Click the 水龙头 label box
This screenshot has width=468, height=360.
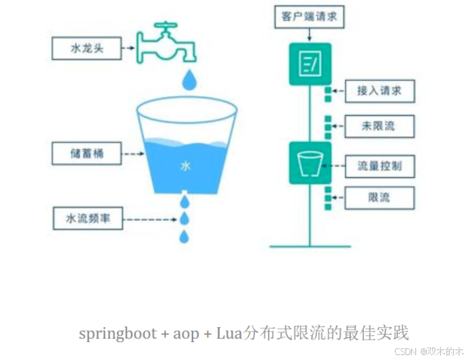pyautogui.click(x=86, y=48)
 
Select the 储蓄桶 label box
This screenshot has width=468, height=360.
pyautogui.click(x=86, y=152)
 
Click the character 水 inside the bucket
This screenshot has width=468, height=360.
pyautogui.click(x=185, y=165)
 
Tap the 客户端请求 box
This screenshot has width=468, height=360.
pyautogui.click(x=306, y=17)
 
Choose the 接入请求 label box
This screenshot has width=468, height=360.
pyautogui.click(x=379, y=91)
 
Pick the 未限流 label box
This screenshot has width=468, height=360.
pyautogui.click(x=379, y=127)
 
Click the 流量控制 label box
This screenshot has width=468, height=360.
pyautogui.click(x=379, y=166)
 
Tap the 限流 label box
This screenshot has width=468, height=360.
pyautogui.click(x=379, y=198)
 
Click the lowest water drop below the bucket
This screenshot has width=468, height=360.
pyautogui.click(x=184, y=236)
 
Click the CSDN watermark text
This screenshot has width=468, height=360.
pyautogui.click(x=406, y=351)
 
